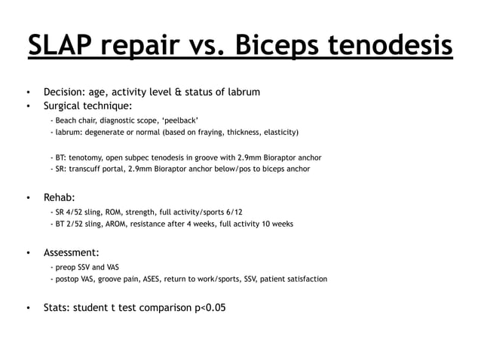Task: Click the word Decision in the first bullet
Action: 66,93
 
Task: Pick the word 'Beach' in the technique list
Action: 68,121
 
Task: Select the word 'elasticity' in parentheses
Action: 278,133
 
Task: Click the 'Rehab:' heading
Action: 59,198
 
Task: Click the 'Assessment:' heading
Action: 72,252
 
